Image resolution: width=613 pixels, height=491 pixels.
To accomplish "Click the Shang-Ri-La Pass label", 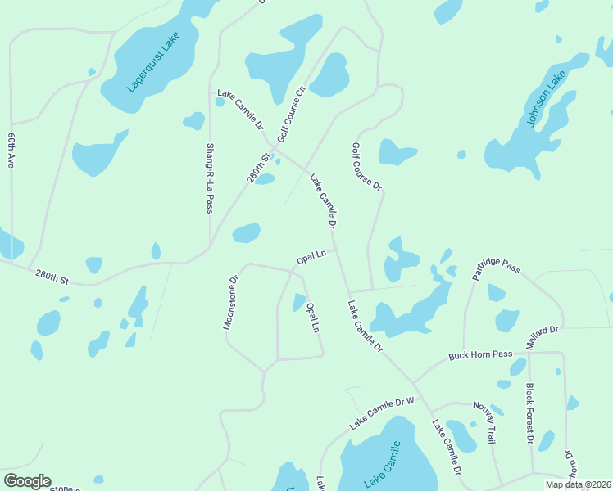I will tap(210, 178).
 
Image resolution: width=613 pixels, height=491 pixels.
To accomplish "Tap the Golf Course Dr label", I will tap(366, 167).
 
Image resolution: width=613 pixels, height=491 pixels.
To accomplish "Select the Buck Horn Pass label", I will tap(479, 355).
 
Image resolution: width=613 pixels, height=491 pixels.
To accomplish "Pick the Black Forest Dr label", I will tap(530, 414).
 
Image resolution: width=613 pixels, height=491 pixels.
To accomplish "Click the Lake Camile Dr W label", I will tap(382, 413).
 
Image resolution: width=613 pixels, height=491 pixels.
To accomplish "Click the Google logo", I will tap(27, 481).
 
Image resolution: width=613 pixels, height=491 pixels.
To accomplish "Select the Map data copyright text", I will tap(578, 484).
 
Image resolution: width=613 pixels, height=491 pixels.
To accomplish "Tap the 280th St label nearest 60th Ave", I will tap(52, 278).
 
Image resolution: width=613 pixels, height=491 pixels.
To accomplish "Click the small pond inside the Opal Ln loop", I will tap(298, 303).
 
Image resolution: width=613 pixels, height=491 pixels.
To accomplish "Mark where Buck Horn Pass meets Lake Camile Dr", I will tap(414, 382).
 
